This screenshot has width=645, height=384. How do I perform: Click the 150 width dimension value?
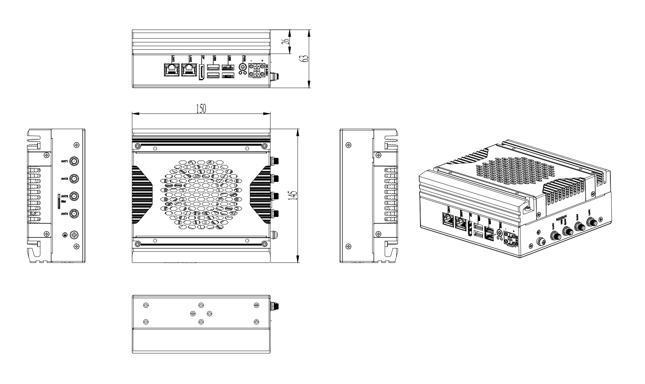click(x=201, y=109)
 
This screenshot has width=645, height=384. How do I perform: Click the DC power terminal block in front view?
click(x=257, y=70)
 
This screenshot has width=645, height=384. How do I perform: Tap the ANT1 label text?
click(x=64, y=161)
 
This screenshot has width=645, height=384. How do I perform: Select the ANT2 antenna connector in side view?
click(x=74, y=179)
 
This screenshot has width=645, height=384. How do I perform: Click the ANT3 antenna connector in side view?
click(x=74, y=196)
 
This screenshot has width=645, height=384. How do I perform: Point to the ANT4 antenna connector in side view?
click(x=74, y=214)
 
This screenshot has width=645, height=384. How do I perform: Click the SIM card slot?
click(x=59, y=201)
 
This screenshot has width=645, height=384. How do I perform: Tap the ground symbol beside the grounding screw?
click(x=64, y=235)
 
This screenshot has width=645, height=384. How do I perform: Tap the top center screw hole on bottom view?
click(x=201, y=305)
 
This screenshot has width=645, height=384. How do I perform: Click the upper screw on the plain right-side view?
click(x=349, y=145)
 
